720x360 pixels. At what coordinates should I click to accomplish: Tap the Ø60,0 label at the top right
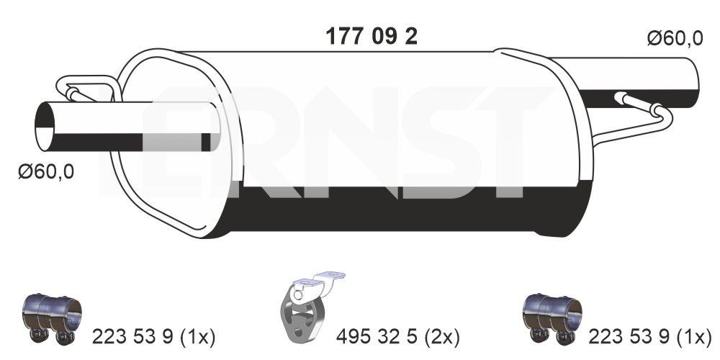click(674, 40)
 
